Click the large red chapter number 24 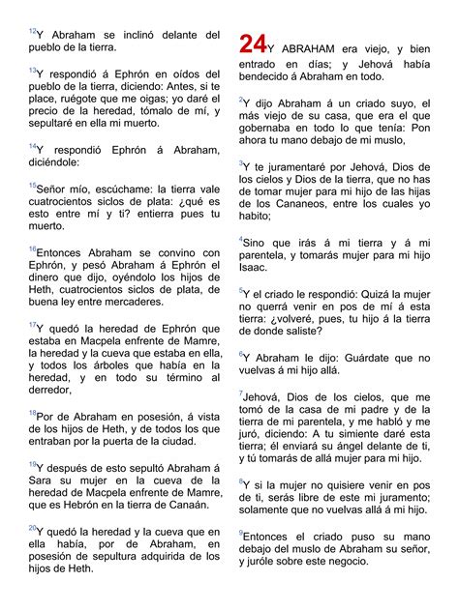tap(252, 44)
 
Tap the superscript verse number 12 tap(31, 29)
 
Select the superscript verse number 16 tap(31, 248)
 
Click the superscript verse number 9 tap(241, 530)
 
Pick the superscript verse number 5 tap(241, 288)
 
